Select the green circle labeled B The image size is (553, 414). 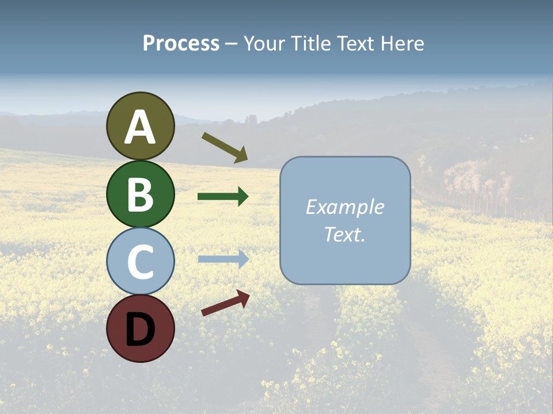(140, 194)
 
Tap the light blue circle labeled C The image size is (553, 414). (140, 262)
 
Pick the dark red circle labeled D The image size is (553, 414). (140, 328)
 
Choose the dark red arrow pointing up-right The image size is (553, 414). (225, 303)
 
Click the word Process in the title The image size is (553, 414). (181, 44)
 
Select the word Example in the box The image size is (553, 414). (344, 207)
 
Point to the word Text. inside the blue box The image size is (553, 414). (344, 234)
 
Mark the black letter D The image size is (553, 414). (140, 329)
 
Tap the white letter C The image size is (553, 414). (140, 262)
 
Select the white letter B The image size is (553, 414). (140, 194)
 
